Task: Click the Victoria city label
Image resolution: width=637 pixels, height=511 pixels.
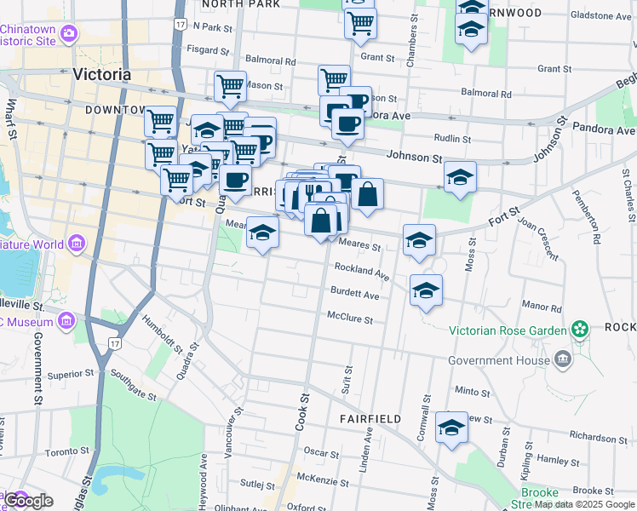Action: (x=102, y=75)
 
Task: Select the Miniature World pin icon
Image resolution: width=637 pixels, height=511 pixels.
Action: (x=77, y=245)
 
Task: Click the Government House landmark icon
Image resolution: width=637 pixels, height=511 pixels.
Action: (x=562, y=360)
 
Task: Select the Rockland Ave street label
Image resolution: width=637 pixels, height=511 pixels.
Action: (x=361, y=272)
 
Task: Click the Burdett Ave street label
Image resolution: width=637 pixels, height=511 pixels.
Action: (x=355, y=295)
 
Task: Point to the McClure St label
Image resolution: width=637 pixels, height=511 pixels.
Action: (x=350, y=319)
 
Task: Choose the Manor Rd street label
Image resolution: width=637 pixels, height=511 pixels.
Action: (x=541, y=305)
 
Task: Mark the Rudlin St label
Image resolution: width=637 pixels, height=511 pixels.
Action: (x=452, y=138)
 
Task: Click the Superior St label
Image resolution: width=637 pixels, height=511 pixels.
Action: (x=70, y=374)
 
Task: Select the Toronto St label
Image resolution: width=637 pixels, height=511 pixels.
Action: (x=66, y=452)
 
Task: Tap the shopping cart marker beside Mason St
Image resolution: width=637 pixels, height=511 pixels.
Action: (x=230, y=85)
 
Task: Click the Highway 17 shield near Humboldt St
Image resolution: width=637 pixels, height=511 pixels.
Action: (x=114, y=342)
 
